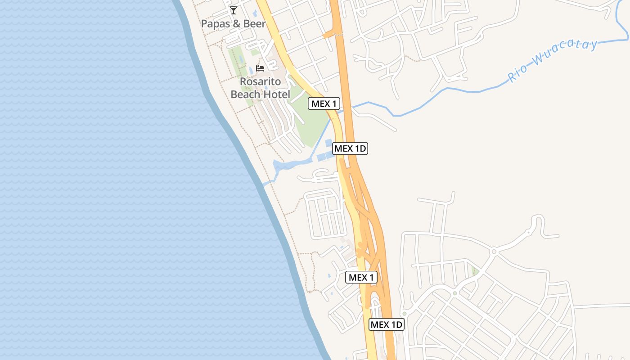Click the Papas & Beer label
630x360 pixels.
pos(233,23)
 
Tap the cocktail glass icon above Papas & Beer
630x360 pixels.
pos(233,10)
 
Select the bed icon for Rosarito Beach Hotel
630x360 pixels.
pos(260,68)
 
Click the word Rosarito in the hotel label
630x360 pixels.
pos(260,82)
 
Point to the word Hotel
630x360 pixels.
pos(276,94)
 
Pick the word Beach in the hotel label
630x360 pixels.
pos(246,94)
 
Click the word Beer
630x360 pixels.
pos(255,23)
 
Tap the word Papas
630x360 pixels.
pos(215,23)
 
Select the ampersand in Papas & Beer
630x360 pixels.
pos(237,23)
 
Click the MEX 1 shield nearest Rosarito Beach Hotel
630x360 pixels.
pos(324,103)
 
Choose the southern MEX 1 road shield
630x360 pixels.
pos(361,277)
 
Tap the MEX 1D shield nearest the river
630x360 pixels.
pos(350,148)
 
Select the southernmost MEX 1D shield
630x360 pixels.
pos(387,324)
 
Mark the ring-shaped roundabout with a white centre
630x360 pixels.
pos(494,251)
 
